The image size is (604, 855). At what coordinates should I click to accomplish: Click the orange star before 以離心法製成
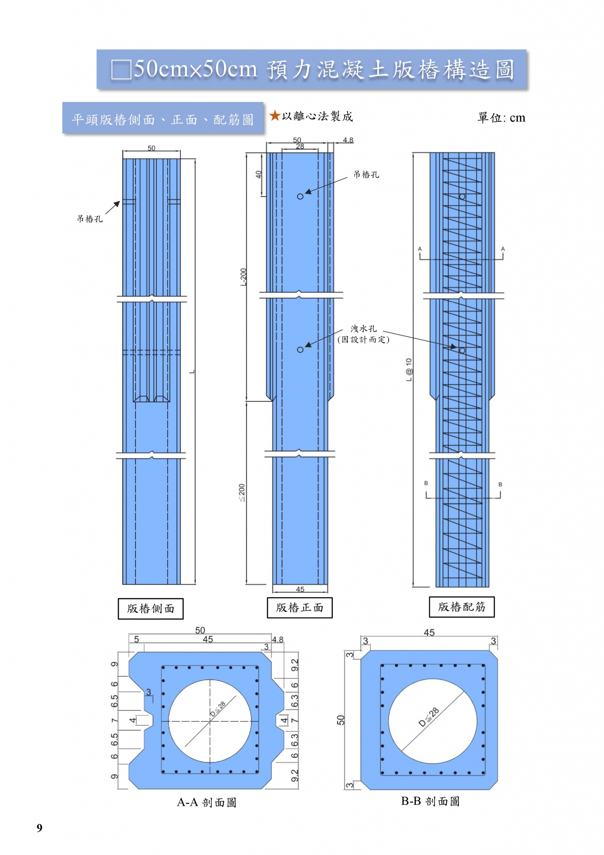274,115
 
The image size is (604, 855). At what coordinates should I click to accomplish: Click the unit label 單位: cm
501,118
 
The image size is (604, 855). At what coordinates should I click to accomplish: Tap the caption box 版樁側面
151,608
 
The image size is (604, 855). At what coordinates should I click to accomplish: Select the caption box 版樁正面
299,607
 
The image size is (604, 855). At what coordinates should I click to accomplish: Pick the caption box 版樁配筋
462,607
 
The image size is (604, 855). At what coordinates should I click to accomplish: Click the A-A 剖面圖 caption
207,802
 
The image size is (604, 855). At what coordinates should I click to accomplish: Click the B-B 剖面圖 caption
430,801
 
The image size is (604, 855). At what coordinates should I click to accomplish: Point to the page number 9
40,828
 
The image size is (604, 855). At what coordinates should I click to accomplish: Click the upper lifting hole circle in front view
300,196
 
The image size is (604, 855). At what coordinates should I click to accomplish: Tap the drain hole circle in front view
300,349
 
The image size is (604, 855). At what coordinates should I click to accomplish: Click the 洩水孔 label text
363,329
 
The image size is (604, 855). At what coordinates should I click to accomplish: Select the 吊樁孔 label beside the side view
90,219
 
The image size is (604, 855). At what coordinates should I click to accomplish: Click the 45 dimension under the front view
300,589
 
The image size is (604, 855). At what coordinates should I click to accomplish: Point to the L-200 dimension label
243,277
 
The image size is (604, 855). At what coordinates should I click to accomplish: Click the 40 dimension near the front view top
259,175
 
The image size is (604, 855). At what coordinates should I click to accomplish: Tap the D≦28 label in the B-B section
429,717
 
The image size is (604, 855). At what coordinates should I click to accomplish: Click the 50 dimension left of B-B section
341,720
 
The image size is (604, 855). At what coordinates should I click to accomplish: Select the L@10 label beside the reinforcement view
409,369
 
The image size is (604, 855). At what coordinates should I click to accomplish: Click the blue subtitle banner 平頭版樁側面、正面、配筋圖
163,118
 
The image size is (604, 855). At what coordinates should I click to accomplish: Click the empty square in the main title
121,69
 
